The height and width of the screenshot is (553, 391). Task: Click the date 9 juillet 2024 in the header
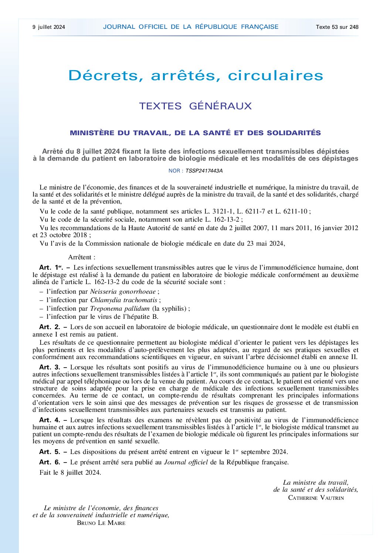(49, 27)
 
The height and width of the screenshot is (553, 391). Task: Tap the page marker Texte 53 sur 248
(337, 27)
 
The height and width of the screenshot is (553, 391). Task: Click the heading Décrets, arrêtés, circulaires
(196, 75)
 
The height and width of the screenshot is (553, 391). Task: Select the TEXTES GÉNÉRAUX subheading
(195, 106)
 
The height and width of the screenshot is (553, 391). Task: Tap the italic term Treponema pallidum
(120, 308)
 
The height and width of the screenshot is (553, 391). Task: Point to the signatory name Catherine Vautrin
(316, 498)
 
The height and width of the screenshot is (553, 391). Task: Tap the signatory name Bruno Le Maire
(101, 523)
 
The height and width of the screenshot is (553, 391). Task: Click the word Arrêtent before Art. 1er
(82, 257)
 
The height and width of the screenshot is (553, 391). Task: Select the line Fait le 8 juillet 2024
(70, 472)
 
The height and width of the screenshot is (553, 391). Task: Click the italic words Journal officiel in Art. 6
(186, 462)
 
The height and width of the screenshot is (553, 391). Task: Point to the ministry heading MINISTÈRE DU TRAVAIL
(195, 133)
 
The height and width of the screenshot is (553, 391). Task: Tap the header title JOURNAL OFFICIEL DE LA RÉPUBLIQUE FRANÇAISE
(191, 27)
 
